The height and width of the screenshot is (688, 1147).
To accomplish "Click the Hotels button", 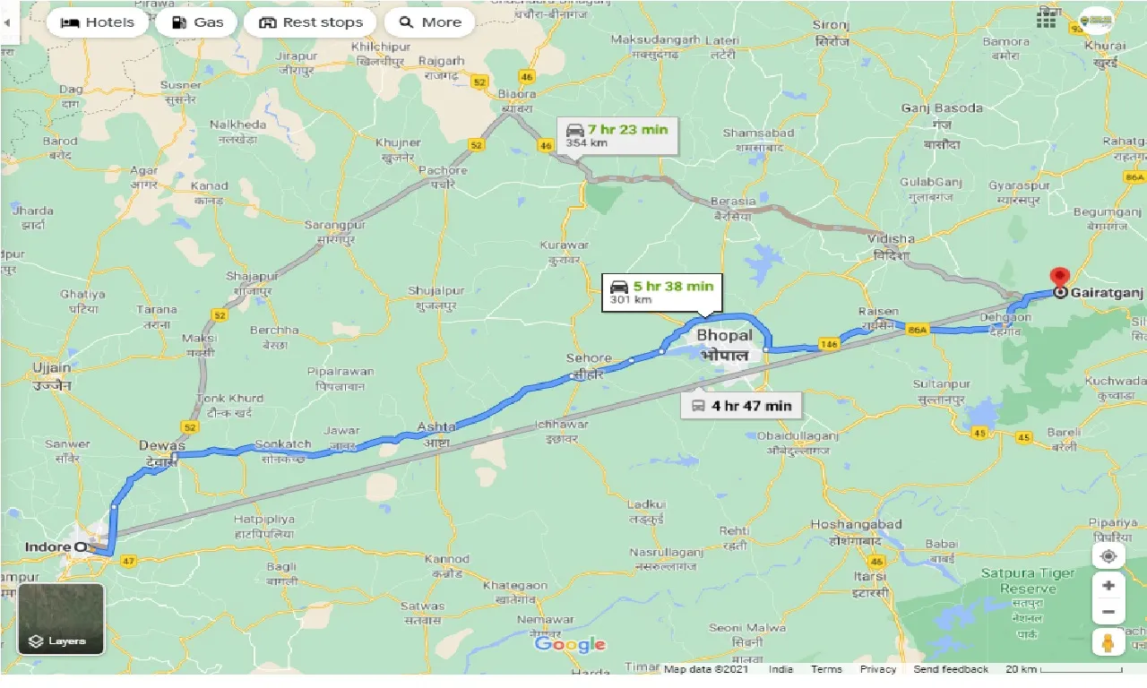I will (97, 22).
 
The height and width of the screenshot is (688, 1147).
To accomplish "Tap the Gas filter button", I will (196, 22).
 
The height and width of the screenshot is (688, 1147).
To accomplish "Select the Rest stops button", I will (310, 22).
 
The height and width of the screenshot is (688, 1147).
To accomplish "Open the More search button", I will (430, 22).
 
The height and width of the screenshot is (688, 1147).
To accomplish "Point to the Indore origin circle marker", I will (81, 546).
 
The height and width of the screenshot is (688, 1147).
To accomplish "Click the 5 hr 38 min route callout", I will (662, 292).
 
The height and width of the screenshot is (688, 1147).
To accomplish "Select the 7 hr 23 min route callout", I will (617, 134).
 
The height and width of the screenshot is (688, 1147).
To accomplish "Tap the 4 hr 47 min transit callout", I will (740, 405).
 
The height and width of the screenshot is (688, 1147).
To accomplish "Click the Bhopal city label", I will (724, 335).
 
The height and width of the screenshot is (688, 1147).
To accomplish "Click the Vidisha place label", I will (891, 239).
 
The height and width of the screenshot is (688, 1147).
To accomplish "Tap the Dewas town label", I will (161, 445).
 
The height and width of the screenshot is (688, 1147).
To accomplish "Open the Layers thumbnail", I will (61, 619).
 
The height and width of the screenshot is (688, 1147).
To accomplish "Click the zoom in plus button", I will (1108, 586).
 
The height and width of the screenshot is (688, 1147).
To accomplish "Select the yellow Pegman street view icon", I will (1108, 642).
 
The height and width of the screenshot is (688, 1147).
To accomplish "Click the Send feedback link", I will (952, 669).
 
